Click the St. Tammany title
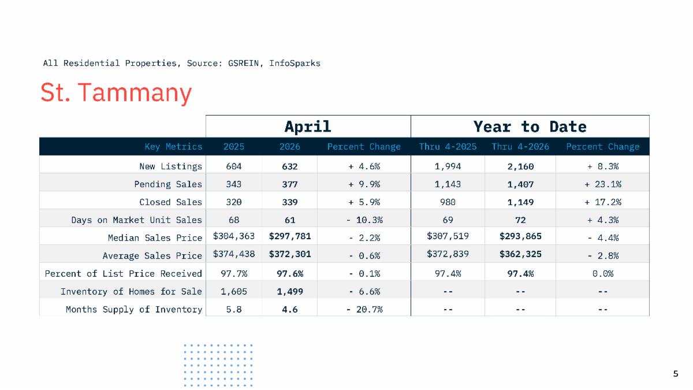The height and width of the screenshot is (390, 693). pyautogui.click(x=116, y=92)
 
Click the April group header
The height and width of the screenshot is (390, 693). pyautogui.click(x=308, y=127)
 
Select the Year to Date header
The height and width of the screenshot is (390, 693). pyautogui.click(x=530, y=127)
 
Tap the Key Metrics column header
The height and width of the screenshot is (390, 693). pyautogui.click(x=173, y=146)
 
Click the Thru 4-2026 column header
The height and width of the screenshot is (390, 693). pyautogui.click(x=520, y=146)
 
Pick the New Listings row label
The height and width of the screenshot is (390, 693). pyautogui.click(x=170, y=166)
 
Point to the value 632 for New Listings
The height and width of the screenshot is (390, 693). pyautogui.click(x=289, y=166)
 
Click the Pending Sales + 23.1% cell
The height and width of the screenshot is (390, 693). pyautogui.click(x=603, y=184)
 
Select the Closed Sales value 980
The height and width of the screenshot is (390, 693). pyautogui.click(x=448, y=202)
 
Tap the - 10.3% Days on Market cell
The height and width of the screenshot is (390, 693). pyautogui.click(x=364, y=220)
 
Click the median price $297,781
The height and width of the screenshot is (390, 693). pyautogui.click(x=289, y=236)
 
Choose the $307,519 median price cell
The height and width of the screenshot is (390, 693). pyautogui.click(x=448, y=236)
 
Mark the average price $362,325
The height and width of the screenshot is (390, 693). pyautogui.click(x=520, y=254)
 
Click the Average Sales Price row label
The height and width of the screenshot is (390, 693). pyautogui.click(x=152, y=255)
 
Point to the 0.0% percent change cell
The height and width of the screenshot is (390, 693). pyautogui.click(x=603, y=274)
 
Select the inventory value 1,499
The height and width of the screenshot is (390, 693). pyautogui.click(x=289, y=292)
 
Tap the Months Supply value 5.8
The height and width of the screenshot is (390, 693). pyautogui.click(x=233, y=310)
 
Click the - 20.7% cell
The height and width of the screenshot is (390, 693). pyautogui.click(x=364, y=310)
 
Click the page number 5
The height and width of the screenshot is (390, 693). pyautogui.click(x=676, y=374)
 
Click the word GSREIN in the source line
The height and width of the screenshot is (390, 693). pyautogui.click(x=243, y=63)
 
